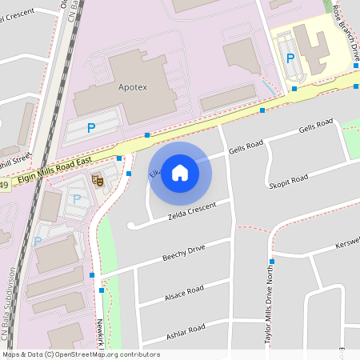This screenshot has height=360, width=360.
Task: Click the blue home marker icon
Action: coord(180,173)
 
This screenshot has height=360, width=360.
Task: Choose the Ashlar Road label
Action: coord(185,329)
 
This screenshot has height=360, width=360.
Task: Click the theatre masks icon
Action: coord(98,181)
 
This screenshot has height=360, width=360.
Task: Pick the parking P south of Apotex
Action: coord(91,127)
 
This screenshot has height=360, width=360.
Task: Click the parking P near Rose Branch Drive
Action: coord(290,58)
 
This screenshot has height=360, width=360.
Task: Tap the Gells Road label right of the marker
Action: coord(246,146)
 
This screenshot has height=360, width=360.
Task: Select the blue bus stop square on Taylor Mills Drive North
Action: coord(272,262)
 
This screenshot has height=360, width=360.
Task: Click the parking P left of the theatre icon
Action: coord(77,198)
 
